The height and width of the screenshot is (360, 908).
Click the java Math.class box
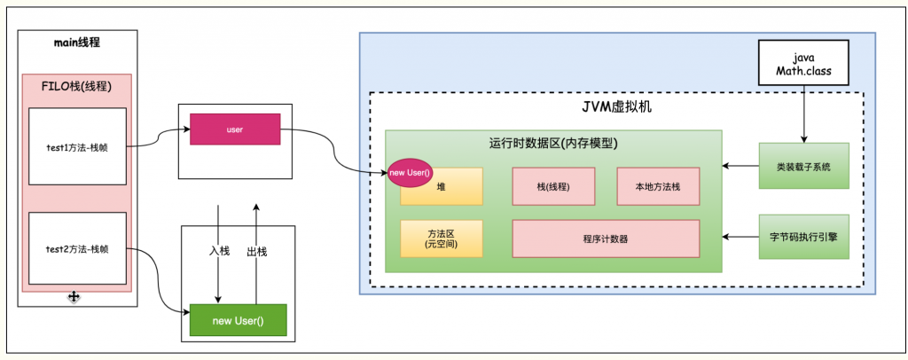pyautogui.click(x=804, y=63)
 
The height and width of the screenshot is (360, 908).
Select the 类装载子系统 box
pyautogui.click(x=803, y=166)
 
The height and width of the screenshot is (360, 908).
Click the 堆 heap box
pyautogui.click(x=442, y=186)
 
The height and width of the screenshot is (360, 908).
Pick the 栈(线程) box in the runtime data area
pyautogui.click(x=553, y=186)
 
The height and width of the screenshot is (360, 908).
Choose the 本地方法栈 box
pyautogui.click(x=659, y=186)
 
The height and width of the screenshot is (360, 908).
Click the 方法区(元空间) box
pyautogui.click(x=442, y=239)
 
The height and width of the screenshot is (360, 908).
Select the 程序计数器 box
pyautogui.click(x=606, y=239)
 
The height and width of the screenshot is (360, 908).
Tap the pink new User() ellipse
pyautogui.click(x=410, y=174)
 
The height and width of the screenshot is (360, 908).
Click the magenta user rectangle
pyautogui.click(x=235, y=129)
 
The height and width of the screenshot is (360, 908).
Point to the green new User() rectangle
pyautogui.click(x=238, y=320)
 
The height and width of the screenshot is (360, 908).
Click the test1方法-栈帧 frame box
pyautogui.click(x=78, y=146)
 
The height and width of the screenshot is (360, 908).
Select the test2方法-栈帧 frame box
pyautogui.click(x=78, y=248)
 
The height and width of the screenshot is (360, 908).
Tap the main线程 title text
pyautogui.click(x=77, y=43)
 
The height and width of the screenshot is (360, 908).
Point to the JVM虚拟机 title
pyautogui.click(x=615, y=106)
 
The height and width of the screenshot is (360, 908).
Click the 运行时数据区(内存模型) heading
pyautogui.click(x=553, y=144)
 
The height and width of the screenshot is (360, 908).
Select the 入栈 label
pyautogui.click(x=220, y=251)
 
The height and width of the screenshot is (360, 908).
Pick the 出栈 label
pyautogui.click(x=256, y=251)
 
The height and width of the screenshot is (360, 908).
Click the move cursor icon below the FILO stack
pyautogui.click(x=74, y=297)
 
